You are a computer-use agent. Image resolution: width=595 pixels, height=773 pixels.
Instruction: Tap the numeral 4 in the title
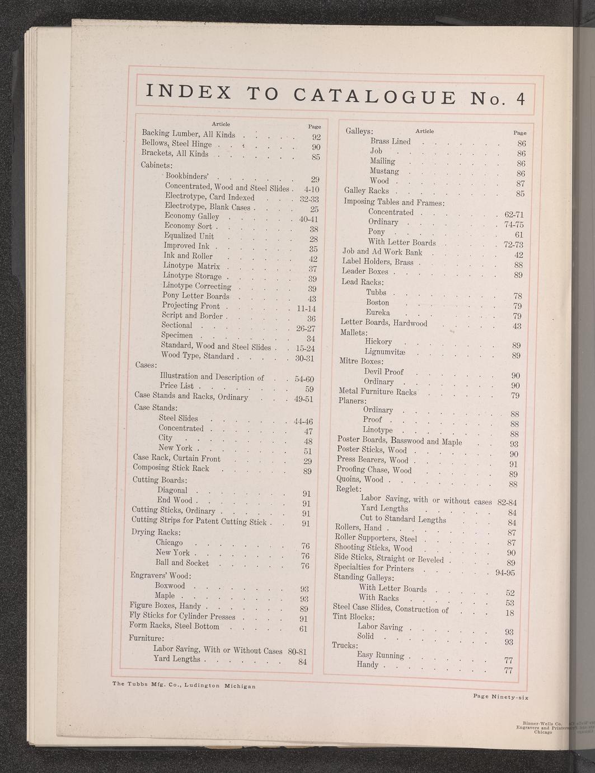click(520, 99)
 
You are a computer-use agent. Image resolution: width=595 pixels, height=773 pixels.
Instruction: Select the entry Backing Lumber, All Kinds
click(188, 134)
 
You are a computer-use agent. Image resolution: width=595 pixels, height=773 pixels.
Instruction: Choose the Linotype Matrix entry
click(191, 266)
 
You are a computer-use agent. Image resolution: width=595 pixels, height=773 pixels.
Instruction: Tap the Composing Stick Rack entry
click(170, 468)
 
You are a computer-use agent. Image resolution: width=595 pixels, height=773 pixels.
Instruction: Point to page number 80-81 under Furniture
click(299, 652)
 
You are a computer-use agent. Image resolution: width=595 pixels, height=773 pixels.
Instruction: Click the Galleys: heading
click(359, 132)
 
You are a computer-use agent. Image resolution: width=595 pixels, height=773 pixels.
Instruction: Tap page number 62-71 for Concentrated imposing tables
click(509, 214)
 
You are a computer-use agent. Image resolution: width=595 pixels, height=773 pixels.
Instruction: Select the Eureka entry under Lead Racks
click(378, 313)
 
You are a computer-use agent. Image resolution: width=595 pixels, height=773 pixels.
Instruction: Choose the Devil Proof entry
click(383, 371)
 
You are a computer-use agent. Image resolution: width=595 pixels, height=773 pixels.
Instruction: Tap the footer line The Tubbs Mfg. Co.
click(184, 684)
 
